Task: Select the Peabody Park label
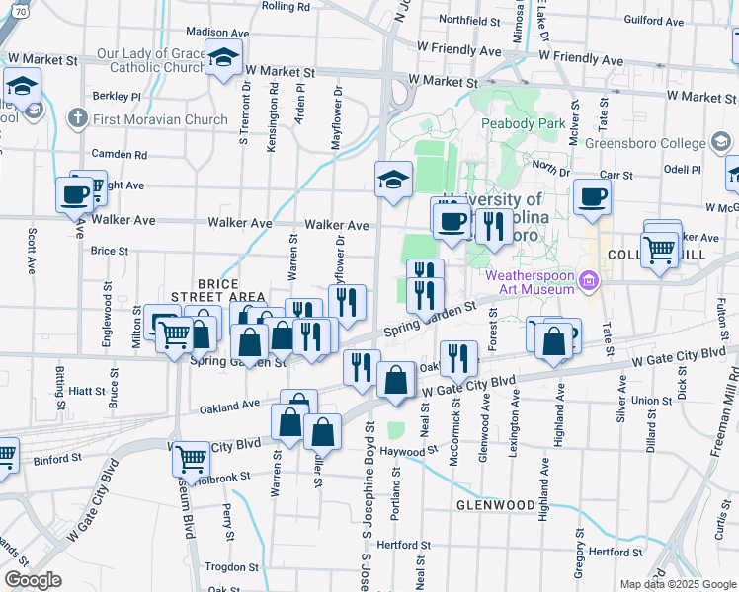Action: click(523, 124)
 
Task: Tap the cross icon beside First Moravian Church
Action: click(78, 119)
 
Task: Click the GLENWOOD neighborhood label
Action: click(495, 504)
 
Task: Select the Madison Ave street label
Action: click(214, 32)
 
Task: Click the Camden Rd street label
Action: click(119, 155)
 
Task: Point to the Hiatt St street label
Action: click(88, 392)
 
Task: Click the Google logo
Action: click(33, 580)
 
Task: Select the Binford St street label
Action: click(56, 458)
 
